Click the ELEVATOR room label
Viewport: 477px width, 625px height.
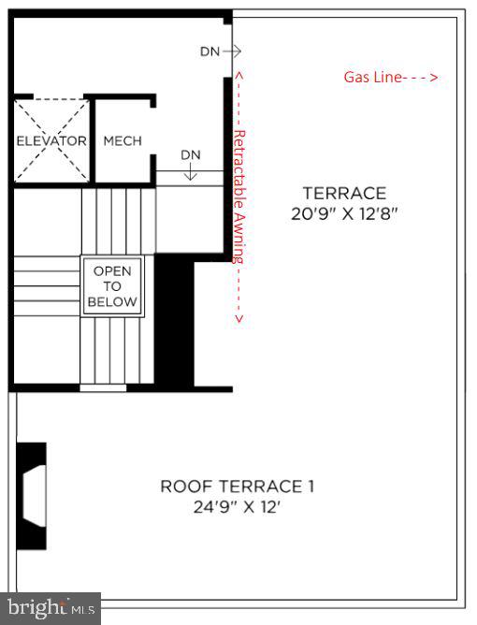point(51,141)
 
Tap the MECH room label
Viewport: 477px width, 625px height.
point(123,141)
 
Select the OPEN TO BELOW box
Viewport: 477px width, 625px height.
point(112,285)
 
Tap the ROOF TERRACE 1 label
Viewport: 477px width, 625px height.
point(238,487)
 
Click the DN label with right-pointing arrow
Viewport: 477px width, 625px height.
point(210,52)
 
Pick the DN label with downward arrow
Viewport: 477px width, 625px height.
point(191,154)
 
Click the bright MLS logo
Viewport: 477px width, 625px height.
point(51,608)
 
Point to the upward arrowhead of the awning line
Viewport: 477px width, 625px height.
point(238,72)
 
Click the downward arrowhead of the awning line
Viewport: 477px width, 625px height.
point(238,319)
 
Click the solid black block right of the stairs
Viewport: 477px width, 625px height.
point(172,318)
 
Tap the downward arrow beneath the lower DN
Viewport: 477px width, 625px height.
point(191,173)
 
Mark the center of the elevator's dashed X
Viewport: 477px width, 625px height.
point(51,141)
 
